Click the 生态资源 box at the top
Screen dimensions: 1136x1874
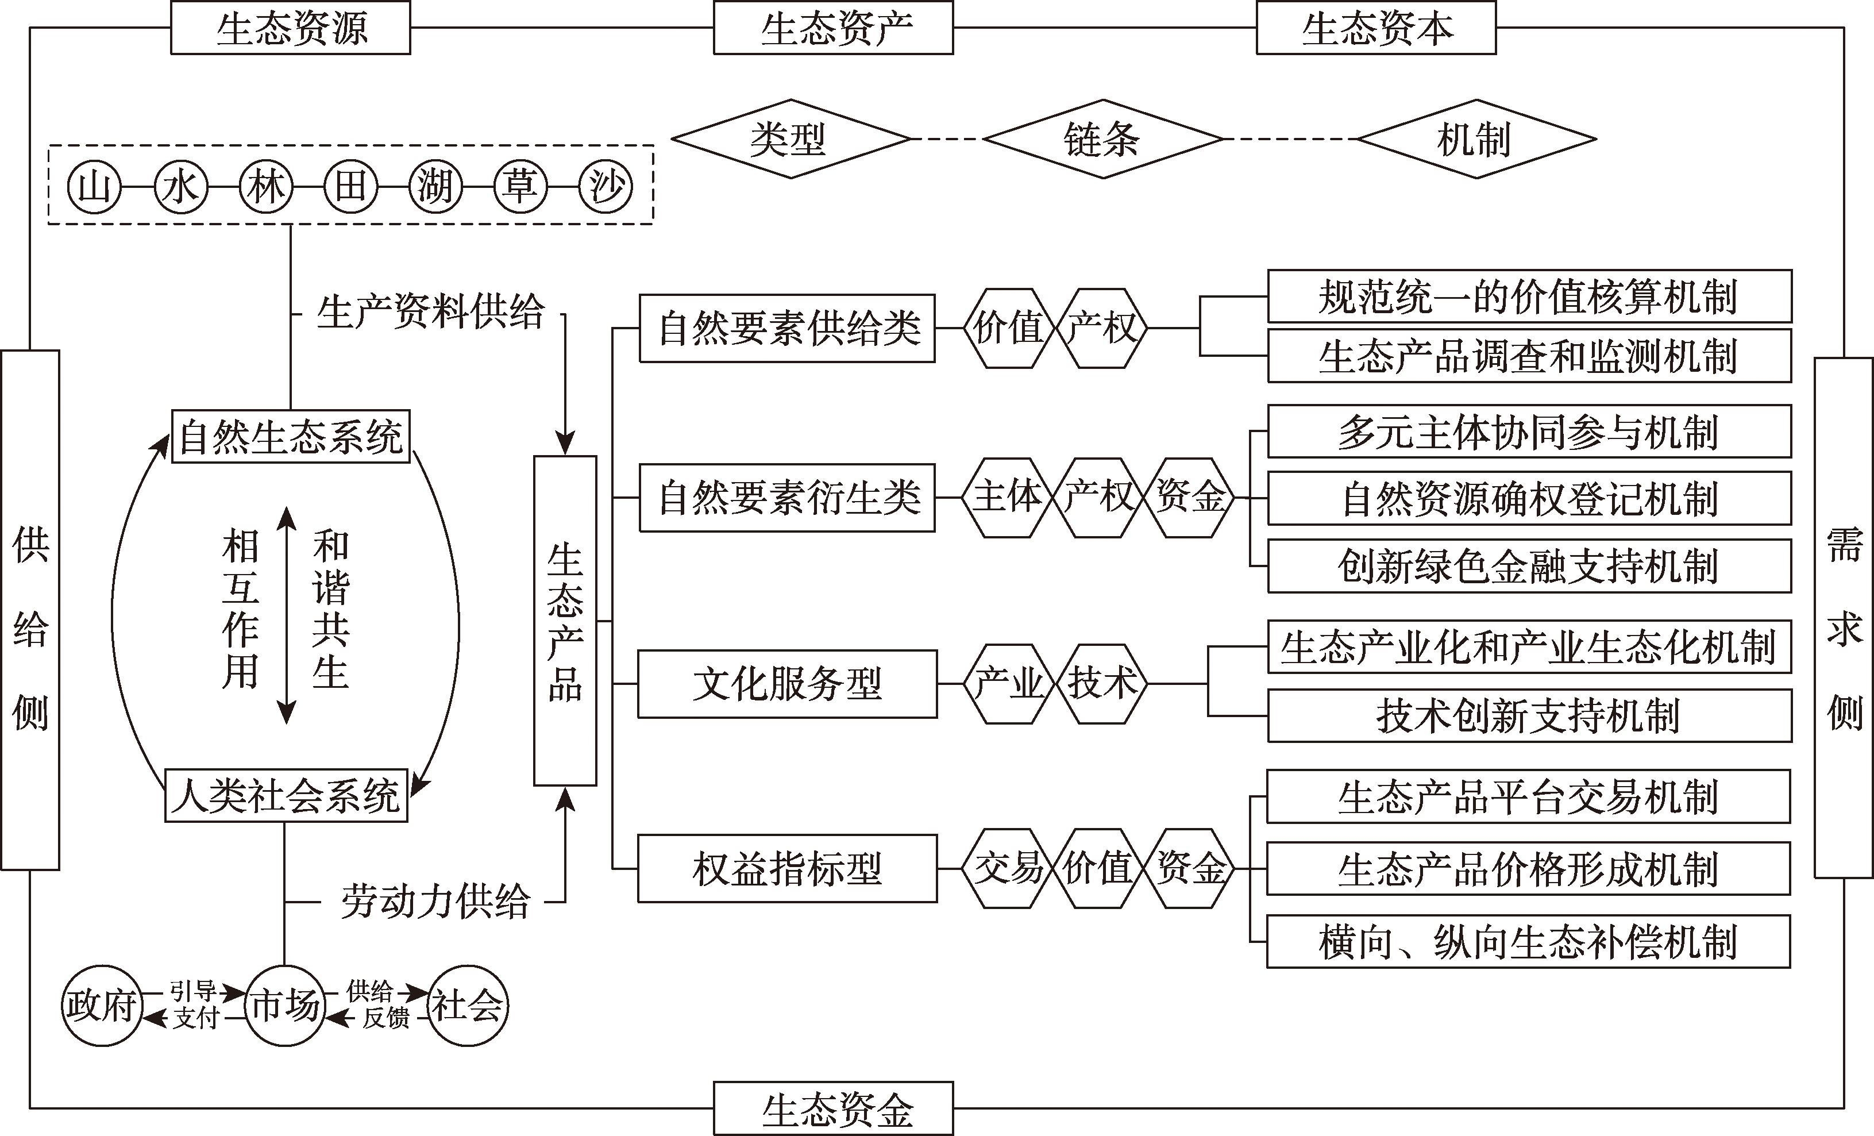tap(291, 28)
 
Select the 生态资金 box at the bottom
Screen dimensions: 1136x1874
tap(833, 1108)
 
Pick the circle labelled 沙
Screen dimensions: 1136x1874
tap(606, 186)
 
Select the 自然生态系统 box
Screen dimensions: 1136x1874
tap(291, 437)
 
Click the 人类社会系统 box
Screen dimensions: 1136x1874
tap(286, 796)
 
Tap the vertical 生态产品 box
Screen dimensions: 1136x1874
tap(565, 620)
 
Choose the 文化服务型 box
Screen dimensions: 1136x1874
tap(787, 683)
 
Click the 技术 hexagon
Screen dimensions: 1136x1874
tap(1102, 683)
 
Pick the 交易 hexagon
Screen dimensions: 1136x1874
tap(1008, 868)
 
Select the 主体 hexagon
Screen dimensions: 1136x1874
tap(1008, 497)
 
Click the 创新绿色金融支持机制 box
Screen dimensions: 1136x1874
tap(1529, 566)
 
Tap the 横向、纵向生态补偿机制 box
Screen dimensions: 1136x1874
tap(1529, 942)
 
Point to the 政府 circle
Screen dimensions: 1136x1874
tap(101, 1006)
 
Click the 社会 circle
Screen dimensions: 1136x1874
tap(468, 1006)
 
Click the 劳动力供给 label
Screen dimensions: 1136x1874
tap(435, 902)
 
